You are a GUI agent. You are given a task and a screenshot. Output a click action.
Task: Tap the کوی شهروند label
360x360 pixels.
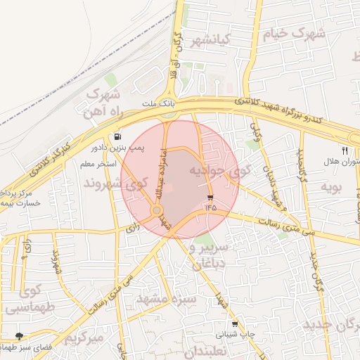(112, 184)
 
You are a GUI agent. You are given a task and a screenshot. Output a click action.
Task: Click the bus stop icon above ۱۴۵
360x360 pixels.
(210, 196)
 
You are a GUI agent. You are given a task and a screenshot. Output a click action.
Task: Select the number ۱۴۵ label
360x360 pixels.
(210, 207)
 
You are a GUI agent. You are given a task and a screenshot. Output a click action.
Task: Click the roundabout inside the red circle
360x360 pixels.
(156, 210)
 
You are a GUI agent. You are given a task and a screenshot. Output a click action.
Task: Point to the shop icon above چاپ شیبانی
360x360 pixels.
(235, 324)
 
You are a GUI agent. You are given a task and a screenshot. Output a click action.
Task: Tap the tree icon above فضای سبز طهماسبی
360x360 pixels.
(18, 336)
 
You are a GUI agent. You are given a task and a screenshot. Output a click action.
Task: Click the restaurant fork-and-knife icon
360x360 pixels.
(345, 150)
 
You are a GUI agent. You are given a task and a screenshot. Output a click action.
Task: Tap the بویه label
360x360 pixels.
(331, 187)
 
